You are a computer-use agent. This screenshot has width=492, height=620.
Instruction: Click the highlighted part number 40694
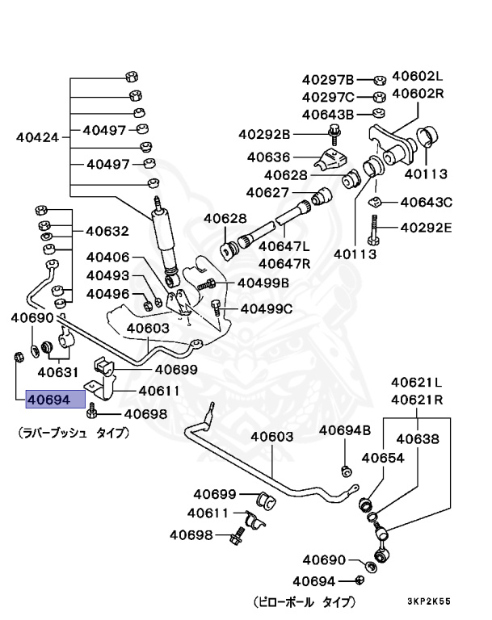click(55, 399)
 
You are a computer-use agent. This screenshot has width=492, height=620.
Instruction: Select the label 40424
click(38, 137)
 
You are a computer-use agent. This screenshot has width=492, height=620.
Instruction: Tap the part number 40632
click(107, 231)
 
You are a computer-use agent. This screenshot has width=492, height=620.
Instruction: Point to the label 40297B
click(328, 79)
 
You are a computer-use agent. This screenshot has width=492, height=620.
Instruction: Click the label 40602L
click(418, 77)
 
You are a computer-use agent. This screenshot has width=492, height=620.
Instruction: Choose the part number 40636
click(269, 157)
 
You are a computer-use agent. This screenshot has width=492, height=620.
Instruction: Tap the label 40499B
click(264, 283)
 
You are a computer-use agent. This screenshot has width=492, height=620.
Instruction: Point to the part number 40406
click(108, 257)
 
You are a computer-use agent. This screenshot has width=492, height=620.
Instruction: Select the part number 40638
click(417, 439)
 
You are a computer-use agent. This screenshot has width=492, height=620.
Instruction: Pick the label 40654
click(382, 458)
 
